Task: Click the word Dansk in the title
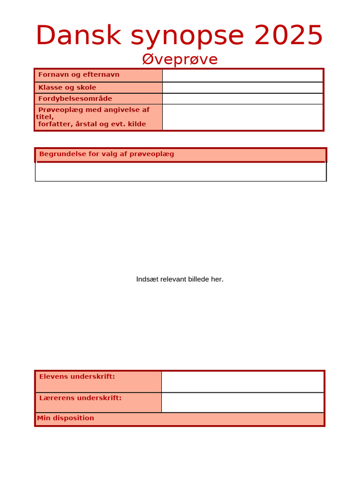[x=78, y=36]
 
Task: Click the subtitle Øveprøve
[x=180, y=60]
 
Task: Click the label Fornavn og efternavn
[x=79, y=75]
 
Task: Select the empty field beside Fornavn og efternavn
[x=242, y=75]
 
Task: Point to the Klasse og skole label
[x=67, y=87]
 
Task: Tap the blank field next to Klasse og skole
[x=242, y=88]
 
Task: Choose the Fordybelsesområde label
[x=75, y=98]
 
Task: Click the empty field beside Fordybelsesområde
[x=242, y=99]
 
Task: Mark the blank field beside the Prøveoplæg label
[x=242, y=117]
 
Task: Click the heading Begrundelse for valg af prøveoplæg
[x=106, y=154]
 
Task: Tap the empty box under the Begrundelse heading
[x=180, y=172]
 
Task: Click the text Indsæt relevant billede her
[x=180, y=279]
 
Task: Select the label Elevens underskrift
[x=77, y=376]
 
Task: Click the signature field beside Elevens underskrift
[x=242, y=382]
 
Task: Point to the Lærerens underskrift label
[x=80, y=398]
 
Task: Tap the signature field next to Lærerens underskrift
[x=242, y=403]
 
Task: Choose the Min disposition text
[x=66, y=418]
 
